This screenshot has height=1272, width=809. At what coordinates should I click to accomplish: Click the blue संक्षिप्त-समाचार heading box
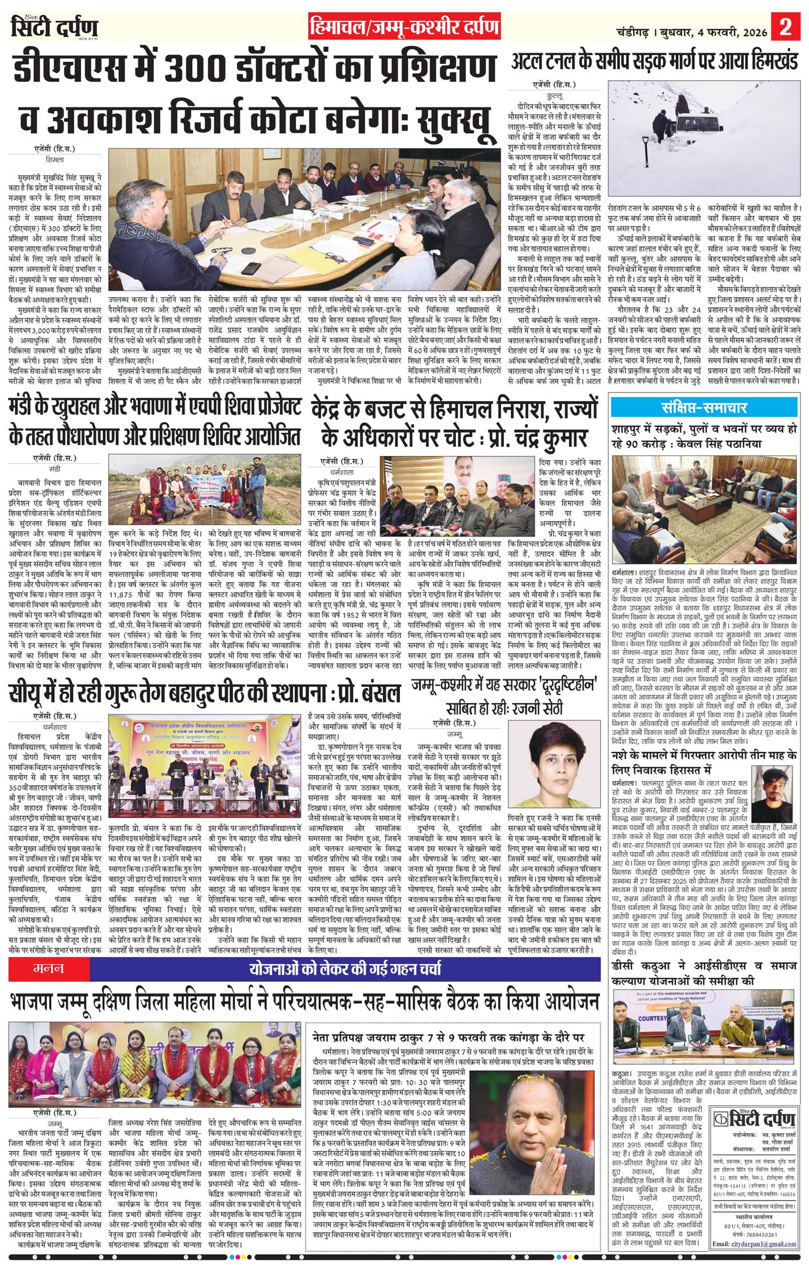pyautogui.click(x=705, y=408)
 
